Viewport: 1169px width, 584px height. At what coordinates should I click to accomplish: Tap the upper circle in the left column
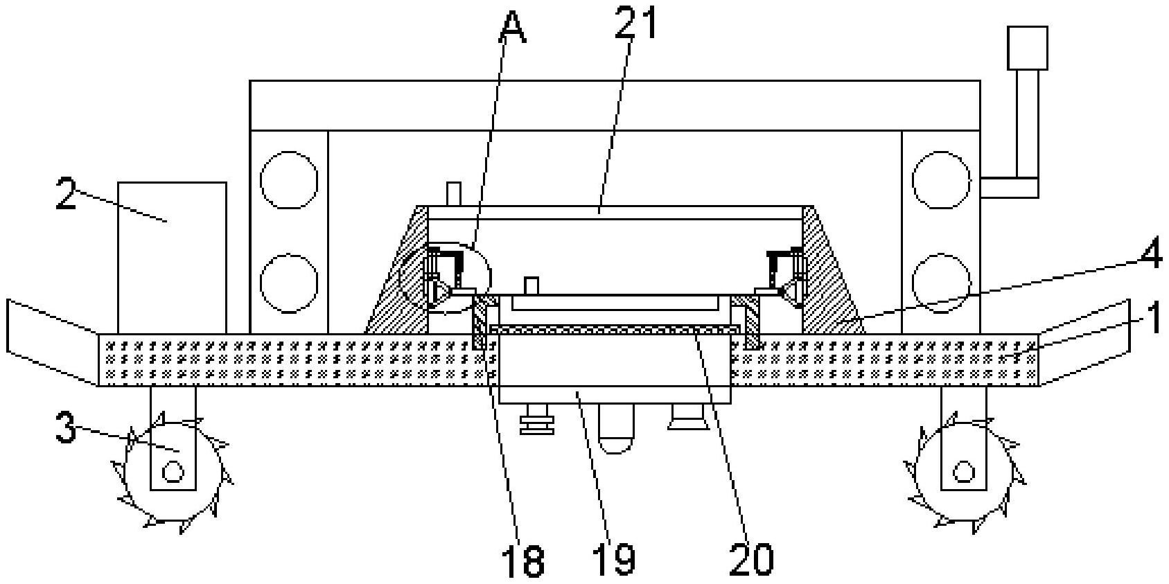click(289, 179)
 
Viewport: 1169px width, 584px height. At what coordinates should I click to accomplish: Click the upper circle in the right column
click(940, 179)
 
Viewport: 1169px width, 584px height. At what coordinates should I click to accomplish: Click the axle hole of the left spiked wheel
click(173, 472)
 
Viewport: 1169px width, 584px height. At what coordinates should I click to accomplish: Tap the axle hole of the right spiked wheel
click(963, 472)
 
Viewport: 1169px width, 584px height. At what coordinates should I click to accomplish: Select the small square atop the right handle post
click(1027, 47)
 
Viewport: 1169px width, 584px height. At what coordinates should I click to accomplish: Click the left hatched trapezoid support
click(398, 269)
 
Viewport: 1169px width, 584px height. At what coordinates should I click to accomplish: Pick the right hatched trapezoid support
click(833, 269)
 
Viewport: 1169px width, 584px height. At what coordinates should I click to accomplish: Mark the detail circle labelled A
click(445, 278)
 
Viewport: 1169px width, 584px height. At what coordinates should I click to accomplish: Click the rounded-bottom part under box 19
click(615, 430)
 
